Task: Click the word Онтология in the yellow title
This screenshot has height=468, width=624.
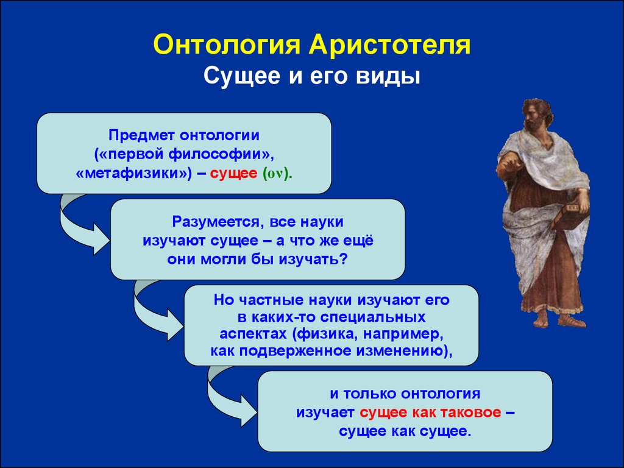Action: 227,44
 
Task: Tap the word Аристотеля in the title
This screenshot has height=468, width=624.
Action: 389,44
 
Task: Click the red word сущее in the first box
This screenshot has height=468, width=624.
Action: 233,174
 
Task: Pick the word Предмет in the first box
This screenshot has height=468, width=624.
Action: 142,135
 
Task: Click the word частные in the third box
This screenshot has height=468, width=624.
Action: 270,300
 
